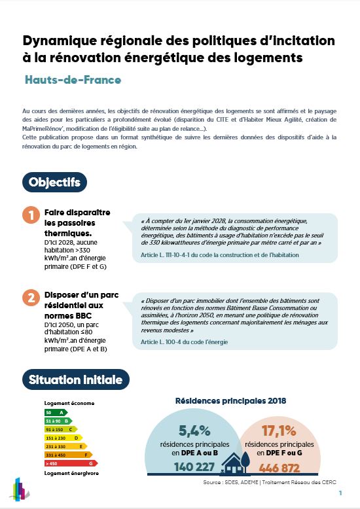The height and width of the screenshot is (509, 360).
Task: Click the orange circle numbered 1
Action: point(30,215)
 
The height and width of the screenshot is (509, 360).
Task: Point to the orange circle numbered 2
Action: point(30,298)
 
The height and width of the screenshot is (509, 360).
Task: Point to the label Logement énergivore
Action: point(71,472)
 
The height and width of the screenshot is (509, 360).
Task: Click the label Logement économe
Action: point(69,404)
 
